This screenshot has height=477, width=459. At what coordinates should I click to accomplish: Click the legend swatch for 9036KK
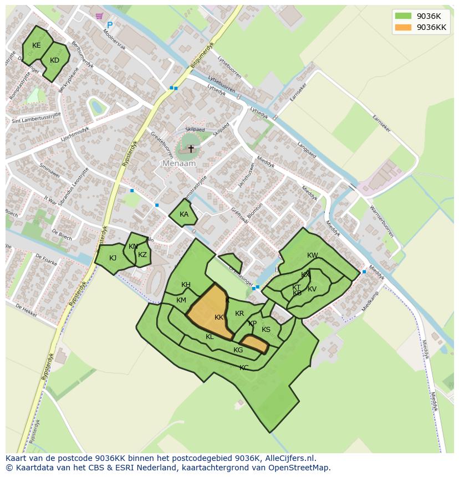[x=403, y=27]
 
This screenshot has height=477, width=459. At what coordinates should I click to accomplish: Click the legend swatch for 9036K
[x=403, y=16]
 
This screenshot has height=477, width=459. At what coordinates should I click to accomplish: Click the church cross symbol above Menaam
[x=191, y=148]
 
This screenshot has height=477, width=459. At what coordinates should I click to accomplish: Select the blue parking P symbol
[x=110, y=25]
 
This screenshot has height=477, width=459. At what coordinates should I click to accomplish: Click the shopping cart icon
[x=99, y=16]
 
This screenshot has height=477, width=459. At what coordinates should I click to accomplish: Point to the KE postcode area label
[x=37, y=45]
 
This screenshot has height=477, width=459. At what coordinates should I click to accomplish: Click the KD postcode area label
[x=54, y=60]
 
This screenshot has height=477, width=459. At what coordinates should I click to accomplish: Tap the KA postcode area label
[x=184, y=214]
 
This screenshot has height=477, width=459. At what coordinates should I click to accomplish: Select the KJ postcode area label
[x=113, y=258]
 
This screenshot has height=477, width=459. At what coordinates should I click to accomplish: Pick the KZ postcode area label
[x=142, y=255]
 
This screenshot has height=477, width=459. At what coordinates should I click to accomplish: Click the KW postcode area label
[x=313, y=255]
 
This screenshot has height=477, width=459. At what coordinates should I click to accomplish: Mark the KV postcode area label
[x=312, y=289]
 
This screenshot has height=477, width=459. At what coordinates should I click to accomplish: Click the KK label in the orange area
[x=219, y=317]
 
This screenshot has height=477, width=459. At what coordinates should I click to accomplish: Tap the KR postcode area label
[x=239, y=314]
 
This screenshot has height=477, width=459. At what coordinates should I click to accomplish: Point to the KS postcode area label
[x=266, y=330]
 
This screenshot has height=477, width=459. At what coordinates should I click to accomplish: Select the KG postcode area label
[x=238, y=350]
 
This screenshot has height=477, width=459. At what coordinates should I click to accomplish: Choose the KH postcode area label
[x=186, y=285]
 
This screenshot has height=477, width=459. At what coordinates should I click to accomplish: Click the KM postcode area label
[x=181, y=300]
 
